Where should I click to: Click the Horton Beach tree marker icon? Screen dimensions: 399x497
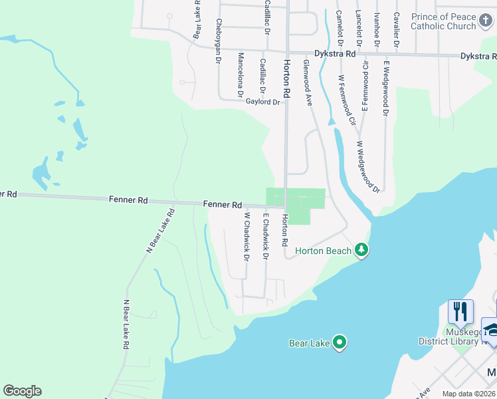click(x=361, y=250)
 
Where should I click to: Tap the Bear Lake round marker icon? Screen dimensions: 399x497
click(x=340, y=342)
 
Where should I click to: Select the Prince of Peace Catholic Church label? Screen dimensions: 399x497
click(x=444, y=21)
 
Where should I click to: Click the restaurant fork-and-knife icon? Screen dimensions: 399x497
click(x=460, y=311)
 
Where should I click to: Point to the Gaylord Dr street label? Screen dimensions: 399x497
click(x=262, y=102)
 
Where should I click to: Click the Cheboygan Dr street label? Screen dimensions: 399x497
click(x=218, y=40)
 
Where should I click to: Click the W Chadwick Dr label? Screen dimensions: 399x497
click(x=246, y=236)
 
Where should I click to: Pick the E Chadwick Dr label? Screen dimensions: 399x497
click(x=266, y=236)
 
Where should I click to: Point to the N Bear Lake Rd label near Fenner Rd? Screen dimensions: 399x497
click(x=159, y=231)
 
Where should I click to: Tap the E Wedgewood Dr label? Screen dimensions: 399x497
click(x=385, y=87)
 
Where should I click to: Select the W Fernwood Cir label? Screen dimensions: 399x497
click(x=347, y=100)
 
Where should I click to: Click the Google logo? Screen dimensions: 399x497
click(x=22, y=391)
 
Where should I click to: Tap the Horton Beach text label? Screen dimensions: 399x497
click(x=323, y=251)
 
